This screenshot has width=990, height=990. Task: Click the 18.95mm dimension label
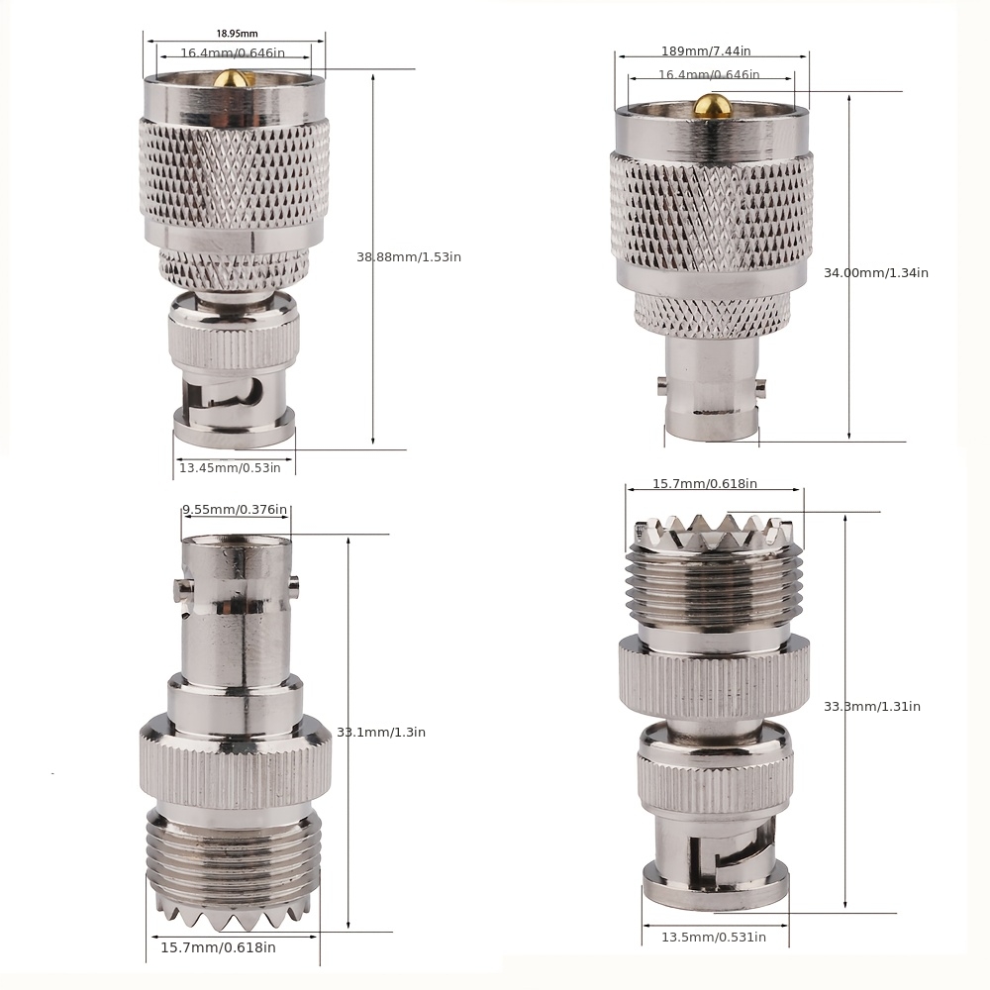(x=234, y=34)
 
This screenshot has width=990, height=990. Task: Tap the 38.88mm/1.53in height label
(x=408, y=257)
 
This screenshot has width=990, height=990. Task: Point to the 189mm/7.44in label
(x=705, y=51)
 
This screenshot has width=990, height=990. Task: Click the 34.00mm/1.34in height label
(x=875, y=272)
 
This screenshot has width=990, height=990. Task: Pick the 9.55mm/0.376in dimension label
(x=235, y=510)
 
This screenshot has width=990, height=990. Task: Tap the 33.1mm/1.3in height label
(x=380, y=733)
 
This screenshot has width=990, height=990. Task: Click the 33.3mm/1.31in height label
(x=871, y=706)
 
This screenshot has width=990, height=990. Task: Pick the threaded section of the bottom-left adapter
(x=234, y=851)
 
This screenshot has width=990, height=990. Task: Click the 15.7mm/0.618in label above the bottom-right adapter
(x=704, y=484)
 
